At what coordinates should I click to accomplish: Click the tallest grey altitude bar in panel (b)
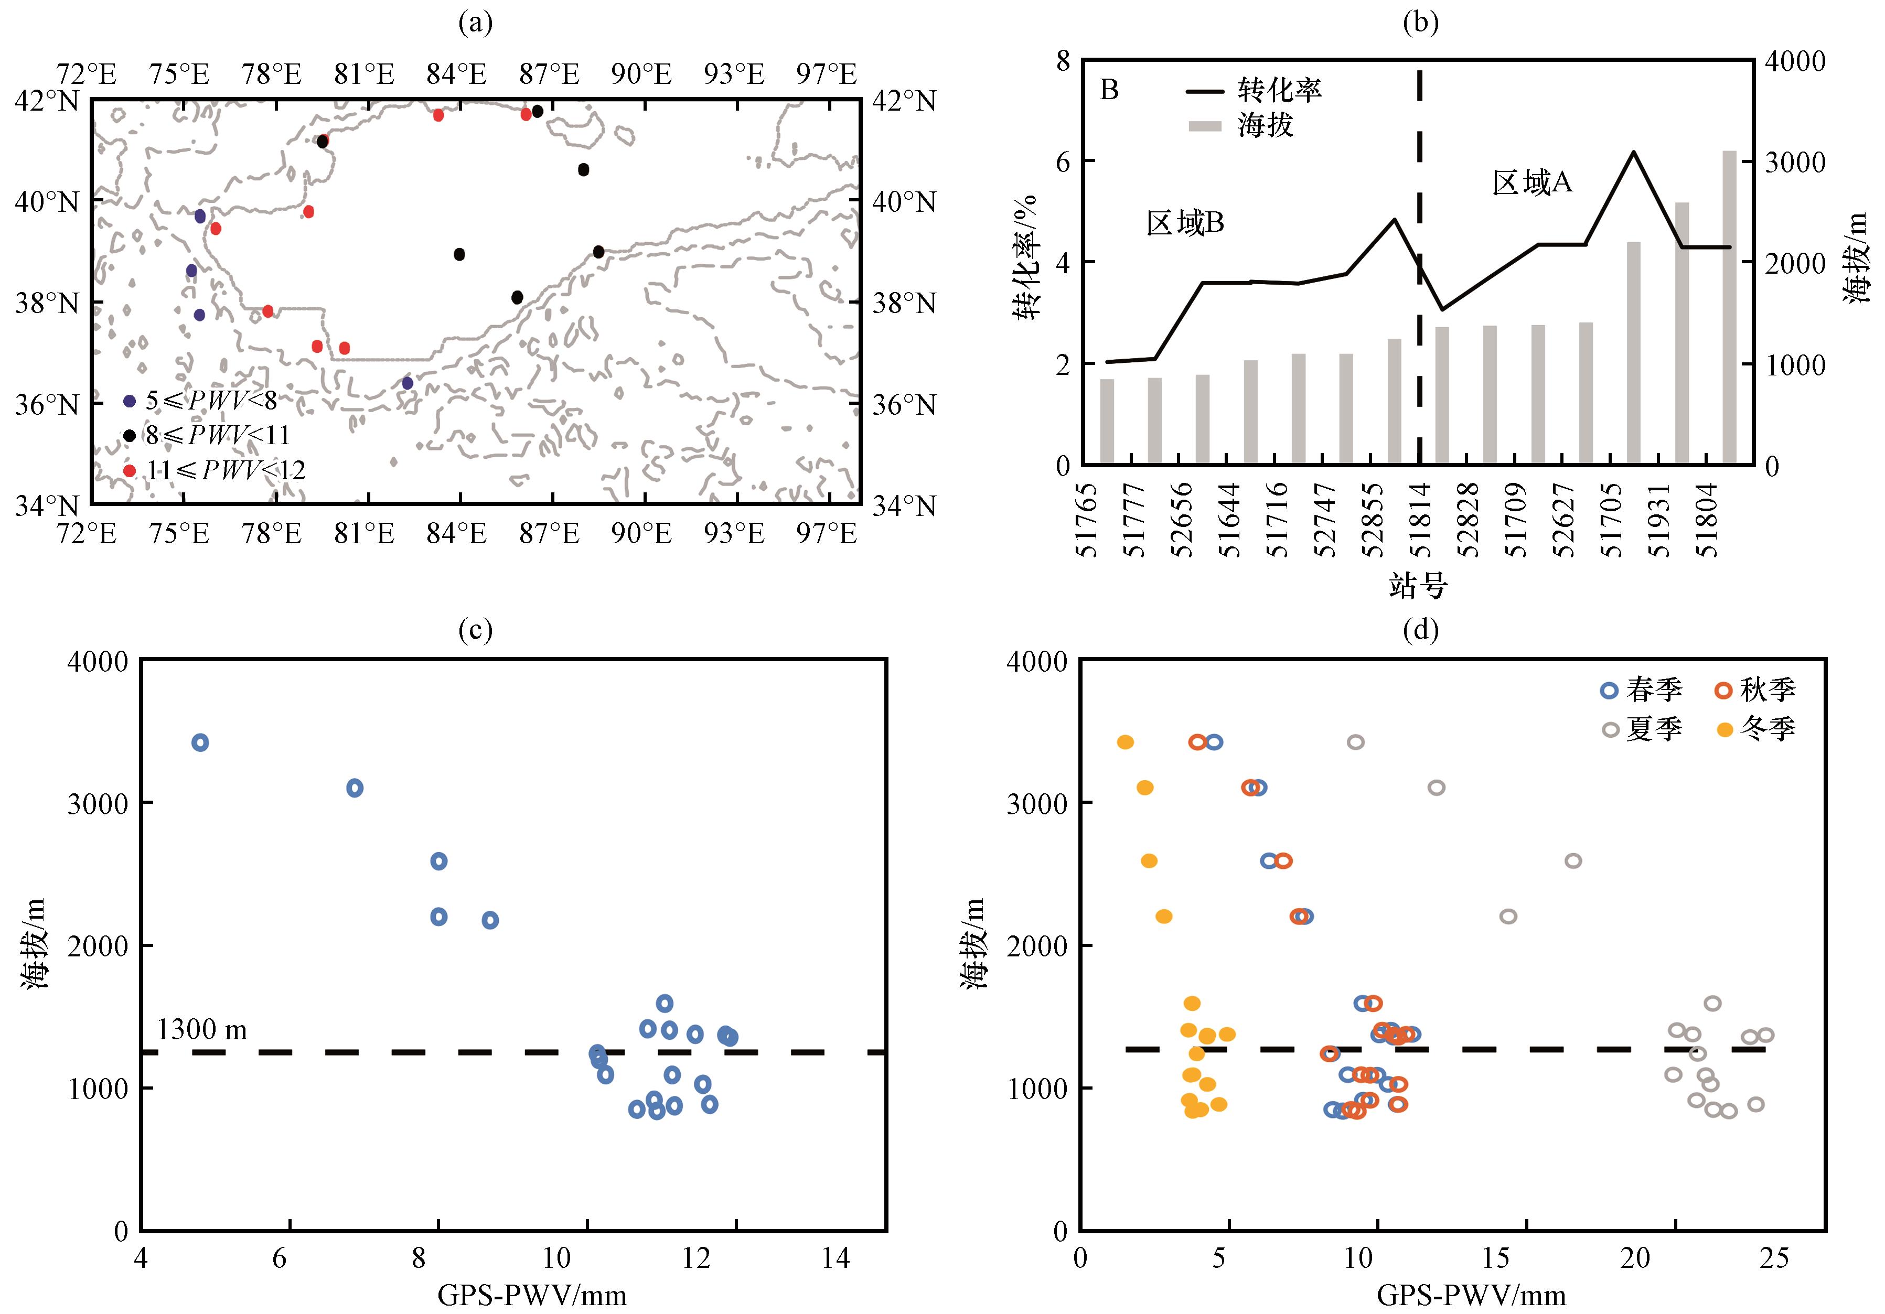coord(1730,308)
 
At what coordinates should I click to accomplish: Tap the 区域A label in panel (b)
coord(1532,182)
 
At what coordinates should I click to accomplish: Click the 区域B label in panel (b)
coord(1185,222)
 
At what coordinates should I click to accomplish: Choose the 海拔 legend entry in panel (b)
coord(1240,125)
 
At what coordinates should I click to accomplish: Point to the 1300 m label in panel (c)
coord(202,1029)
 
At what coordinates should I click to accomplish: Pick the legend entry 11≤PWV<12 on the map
coord(215,470)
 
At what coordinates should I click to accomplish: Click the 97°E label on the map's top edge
coord(827,74)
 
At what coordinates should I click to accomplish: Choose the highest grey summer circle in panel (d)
coord(1355,742)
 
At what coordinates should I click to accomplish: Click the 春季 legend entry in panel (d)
coord(1643,690)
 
